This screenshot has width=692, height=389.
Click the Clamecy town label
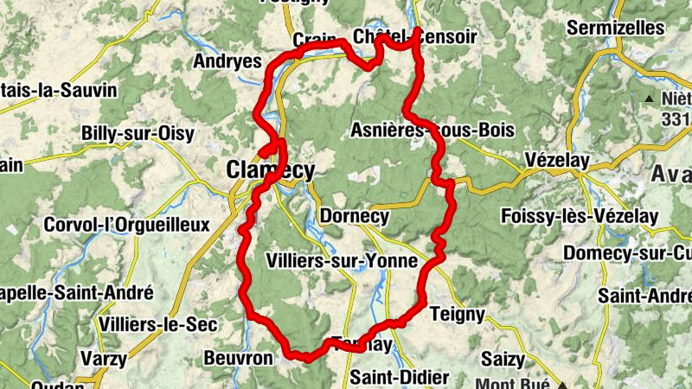coord(270,170)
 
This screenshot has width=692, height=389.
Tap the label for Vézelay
coord(557,161)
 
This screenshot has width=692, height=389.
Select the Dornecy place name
coord(354,216)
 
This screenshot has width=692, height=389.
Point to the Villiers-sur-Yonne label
coord(343,261)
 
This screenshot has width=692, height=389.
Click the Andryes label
coord(227,61)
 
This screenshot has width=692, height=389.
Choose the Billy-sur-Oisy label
coord(138,133)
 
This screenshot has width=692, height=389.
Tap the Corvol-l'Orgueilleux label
coord(127,225)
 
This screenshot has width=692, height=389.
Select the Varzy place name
coord(103,358)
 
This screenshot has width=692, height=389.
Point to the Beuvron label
coord(238,357)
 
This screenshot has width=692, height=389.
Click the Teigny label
coord(457,314)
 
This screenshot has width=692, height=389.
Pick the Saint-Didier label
coord(400,378)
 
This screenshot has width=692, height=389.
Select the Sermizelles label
coord(615,28)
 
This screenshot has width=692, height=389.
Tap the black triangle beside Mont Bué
coord(563,382)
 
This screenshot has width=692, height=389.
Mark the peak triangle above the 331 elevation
coord(650,99)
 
